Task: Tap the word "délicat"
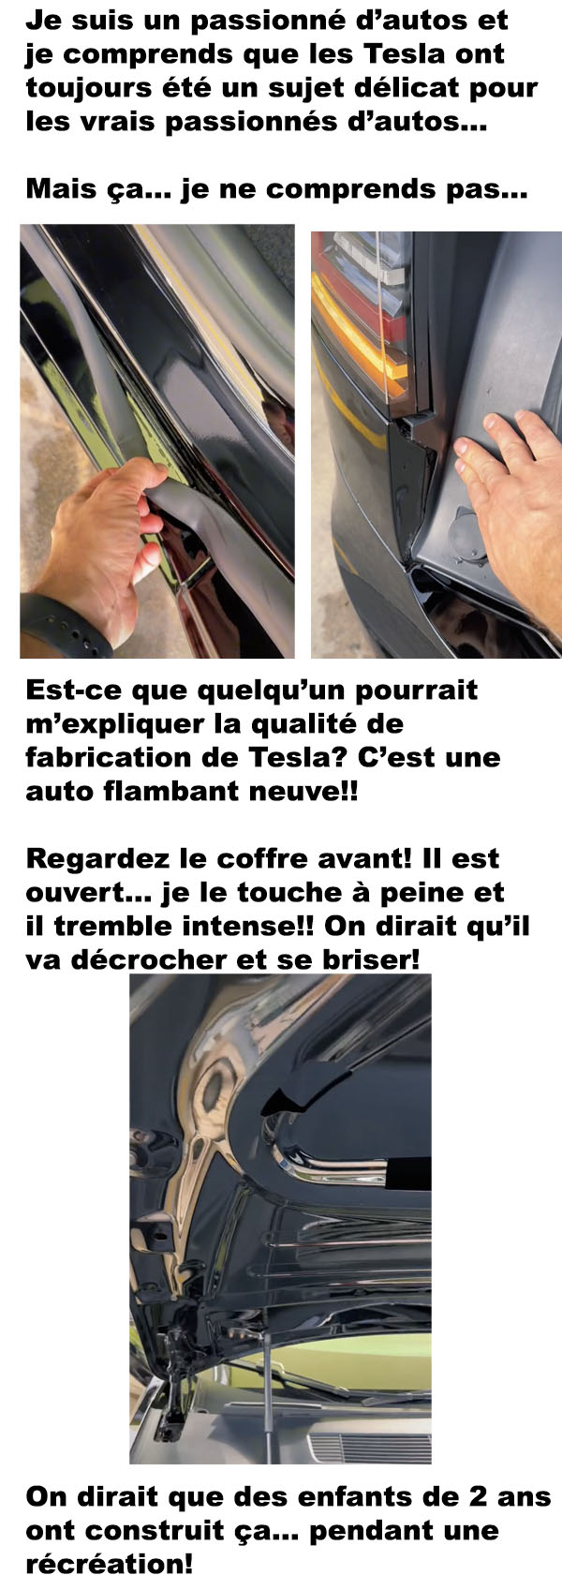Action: click(x=403, y=87)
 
